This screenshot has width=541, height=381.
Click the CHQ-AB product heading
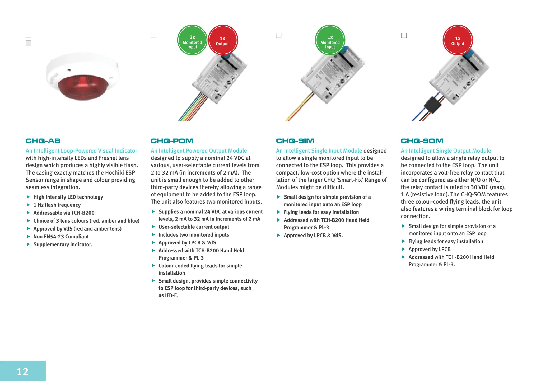pos(43,141)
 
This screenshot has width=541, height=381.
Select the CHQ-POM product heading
pos(172,141)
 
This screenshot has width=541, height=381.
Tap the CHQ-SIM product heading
pos(295,141)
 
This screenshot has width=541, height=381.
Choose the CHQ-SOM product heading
pos(422,141)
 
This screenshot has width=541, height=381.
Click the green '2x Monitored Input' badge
pos(192,40)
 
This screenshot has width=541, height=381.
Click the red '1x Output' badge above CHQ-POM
pos(223,40)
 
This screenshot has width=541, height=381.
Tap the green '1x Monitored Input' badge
pos(330,40)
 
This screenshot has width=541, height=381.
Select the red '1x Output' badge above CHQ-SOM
pos(458,40)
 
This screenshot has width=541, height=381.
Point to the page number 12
pos(22,372)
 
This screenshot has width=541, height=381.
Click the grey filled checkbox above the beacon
pos(28,43)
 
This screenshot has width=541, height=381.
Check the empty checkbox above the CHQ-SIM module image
pos(279,35)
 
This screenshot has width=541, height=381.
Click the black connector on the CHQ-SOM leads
pos(432,105)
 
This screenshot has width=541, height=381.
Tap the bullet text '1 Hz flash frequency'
pos(57,205)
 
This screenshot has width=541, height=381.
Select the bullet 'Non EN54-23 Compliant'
pos(61,237)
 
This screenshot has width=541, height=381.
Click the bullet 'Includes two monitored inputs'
pos(194,235)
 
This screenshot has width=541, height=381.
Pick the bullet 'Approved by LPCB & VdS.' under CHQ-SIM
pos(313,235)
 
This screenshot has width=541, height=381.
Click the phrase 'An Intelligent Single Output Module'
pos(446,151)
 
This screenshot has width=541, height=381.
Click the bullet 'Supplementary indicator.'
pos(63,244)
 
